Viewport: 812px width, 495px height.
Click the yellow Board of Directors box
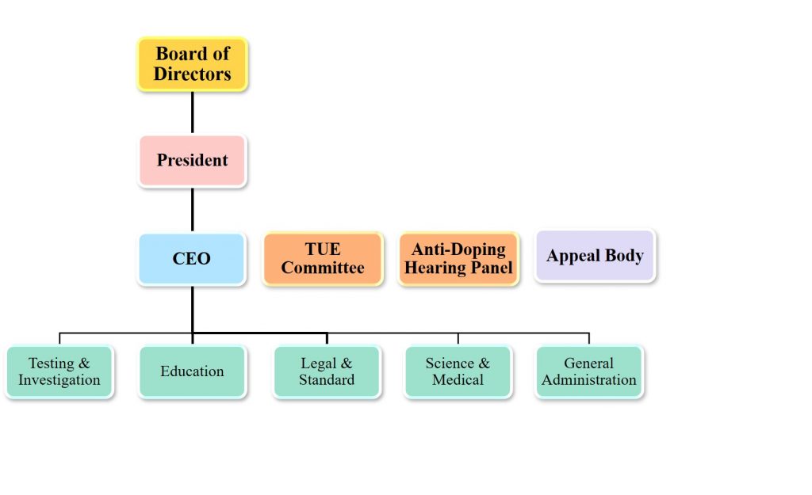193,64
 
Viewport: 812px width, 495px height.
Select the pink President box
193,161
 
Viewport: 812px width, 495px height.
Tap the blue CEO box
192,259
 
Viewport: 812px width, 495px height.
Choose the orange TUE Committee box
323,259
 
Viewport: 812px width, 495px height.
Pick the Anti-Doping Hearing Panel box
458,259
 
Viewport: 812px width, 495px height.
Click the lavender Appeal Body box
595,256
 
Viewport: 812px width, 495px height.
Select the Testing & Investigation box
59,371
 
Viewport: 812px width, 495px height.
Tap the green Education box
192,371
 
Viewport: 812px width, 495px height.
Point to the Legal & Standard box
327,371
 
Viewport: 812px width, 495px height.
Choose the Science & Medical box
458,371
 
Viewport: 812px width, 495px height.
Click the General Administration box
589,371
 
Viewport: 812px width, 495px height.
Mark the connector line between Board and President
193,112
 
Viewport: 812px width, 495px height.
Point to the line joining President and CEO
193,210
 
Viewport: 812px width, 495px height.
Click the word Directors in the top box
193,74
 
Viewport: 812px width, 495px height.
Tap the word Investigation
59,380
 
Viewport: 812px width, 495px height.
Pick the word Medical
458,380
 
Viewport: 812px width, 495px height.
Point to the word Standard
327,380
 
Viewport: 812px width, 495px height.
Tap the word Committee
323,268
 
